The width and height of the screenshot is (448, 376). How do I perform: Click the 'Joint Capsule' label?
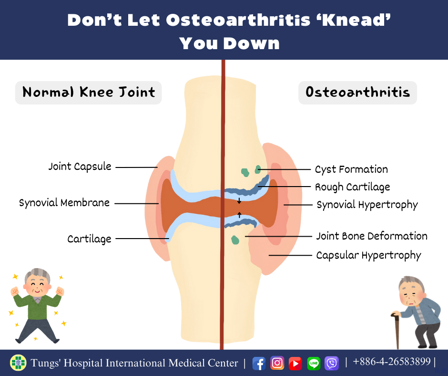click(80, 167)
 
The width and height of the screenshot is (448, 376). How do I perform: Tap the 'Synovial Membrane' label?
click(64, 203)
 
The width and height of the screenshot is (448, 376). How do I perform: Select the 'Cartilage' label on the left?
click(89, 239)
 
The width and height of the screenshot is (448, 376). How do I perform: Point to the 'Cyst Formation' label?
click(351, 169)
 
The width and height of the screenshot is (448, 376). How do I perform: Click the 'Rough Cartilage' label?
click(353, 187)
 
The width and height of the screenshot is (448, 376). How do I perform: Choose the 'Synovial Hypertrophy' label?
click(367, 205)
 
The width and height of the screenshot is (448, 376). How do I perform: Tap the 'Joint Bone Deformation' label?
click(372, 236)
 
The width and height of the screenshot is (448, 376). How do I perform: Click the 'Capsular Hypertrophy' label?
click(368, 256)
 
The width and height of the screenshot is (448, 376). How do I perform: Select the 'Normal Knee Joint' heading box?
click(88, 93)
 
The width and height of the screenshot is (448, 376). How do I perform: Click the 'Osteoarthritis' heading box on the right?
click(357, 93)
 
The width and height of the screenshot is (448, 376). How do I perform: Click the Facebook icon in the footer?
click(259, 364)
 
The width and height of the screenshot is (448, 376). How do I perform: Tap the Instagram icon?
click(277, 363)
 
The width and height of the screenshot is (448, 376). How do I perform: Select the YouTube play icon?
click(295, 364)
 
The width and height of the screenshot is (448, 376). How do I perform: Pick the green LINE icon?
click(314, 364)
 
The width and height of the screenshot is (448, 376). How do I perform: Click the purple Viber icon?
click(332, 364)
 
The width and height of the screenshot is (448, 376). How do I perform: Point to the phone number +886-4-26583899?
click(392, 362)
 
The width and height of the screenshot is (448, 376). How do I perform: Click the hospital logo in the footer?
click(18, 363)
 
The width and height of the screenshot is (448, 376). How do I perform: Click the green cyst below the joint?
click(235, 240)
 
